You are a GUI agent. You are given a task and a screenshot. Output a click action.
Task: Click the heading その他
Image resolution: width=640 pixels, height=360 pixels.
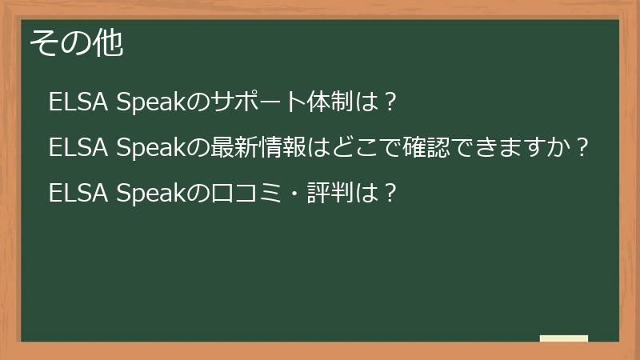pos(77,44)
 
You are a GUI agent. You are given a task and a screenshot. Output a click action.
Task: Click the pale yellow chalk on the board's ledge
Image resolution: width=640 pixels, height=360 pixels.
pos(564,338)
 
